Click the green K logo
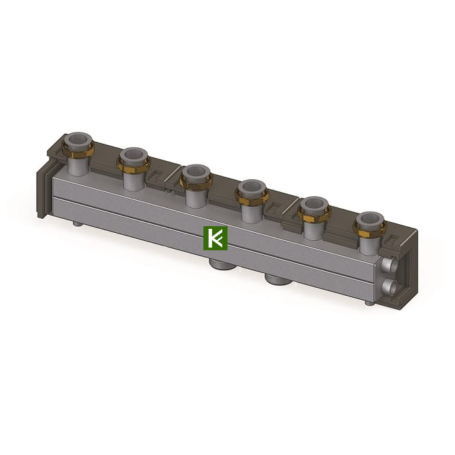(215, 238)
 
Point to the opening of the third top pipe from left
(196, 171)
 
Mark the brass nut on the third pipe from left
(196, 182)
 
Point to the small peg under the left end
(80, 225)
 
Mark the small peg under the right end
(369, 303)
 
